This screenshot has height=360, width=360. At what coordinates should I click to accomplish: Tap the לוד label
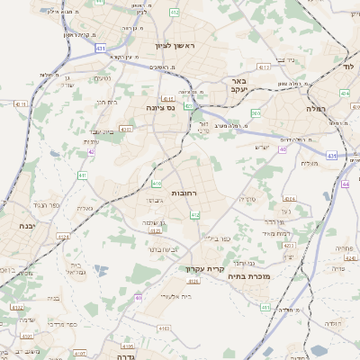350,67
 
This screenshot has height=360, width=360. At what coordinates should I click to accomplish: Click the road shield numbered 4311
20,103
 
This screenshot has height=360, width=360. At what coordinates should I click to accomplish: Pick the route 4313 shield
263,67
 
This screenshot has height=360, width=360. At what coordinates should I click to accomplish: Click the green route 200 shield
256,112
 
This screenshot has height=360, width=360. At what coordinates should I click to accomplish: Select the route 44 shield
346,184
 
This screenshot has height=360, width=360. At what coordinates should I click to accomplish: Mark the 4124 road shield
64,237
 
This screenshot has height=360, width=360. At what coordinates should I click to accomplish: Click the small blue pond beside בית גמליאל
101,269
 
